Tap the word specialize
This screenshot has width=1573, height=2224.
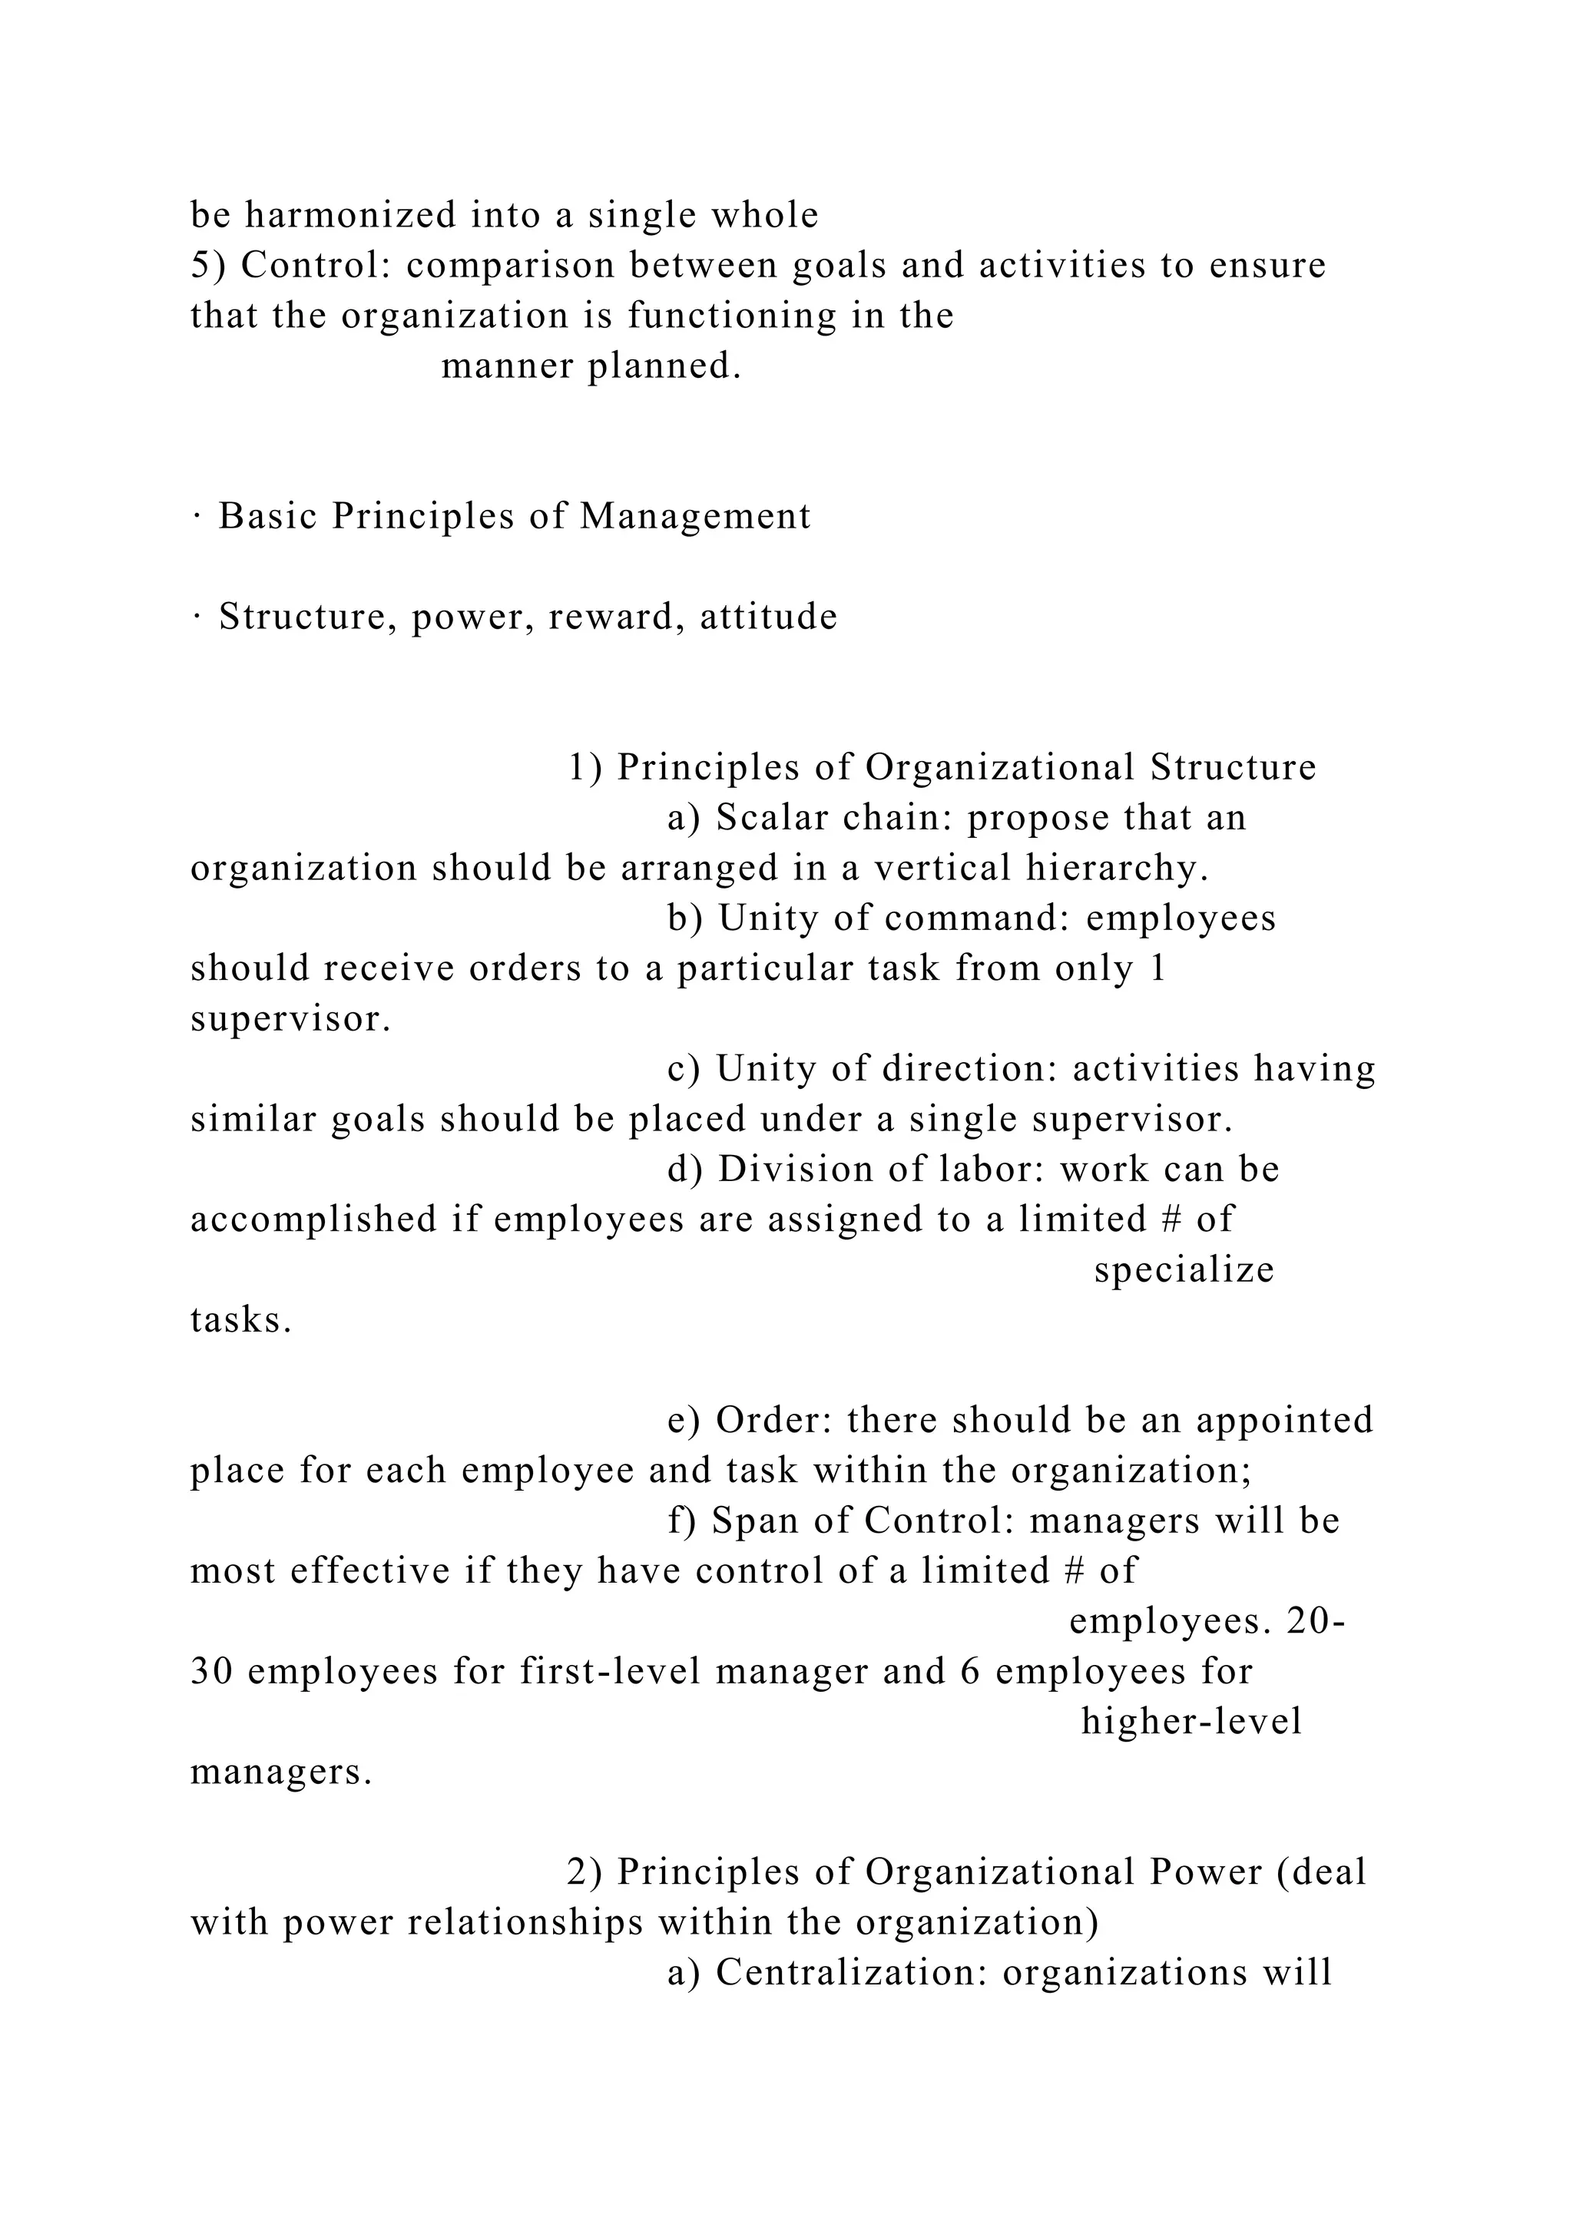pos(1184,1271)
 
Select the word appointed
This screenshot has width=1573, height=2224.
pos(1284,1421)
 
